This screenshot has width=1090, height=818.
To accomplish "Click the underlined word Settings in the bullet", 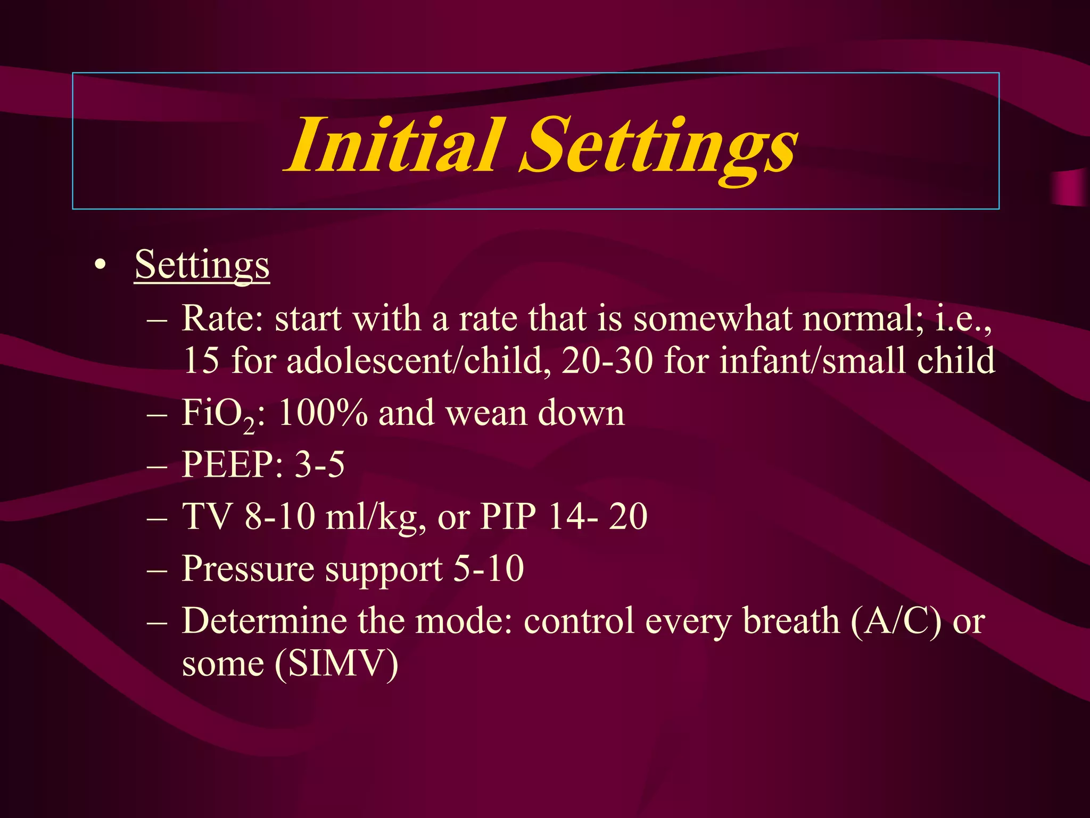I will coord(202,265).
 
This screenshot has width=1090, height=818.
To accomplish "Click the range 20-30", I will coord(607,361).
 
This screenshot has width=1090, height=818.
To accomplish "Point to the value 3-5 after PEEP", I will coord(320,464).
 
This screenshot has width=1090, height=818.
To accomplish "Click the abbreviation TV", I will coord(207,516).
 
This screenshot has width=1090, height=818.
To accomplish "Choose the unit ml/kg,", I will coord(376,517).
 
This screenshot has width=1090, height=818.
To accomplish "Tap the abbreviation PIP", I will coord(508,516).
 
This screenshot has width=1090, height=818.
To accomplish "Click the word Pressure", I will coord(248,569).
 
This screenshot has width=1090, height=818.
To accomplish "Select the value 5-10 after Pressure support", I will coord(489,569).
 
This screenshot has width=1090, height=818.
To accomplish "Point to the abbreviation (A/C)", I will coord(896,621).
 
